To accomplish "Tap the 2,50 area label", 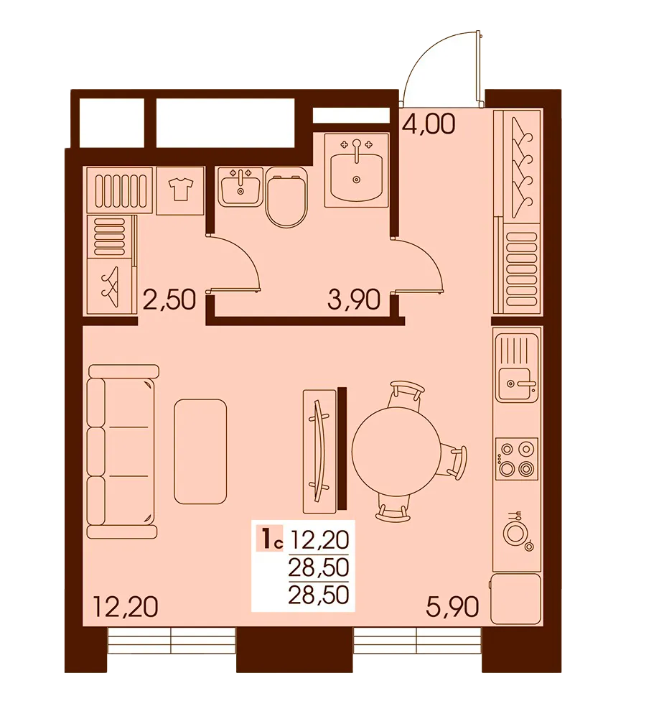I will click(x=169, y=297).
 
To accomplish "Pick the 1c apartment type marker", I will click(x=271, y=537).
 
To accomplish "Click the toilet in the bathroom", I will click(x=287, y=198).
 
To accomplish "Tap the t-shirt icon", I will click(x=180, y=190).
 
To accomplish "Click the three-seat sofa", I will click(x=121, y=451).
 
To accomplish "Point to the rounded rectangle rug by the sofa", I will click(x=200, y=450).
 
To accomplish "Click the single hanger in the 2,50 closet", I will click(x=110, y=287).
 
